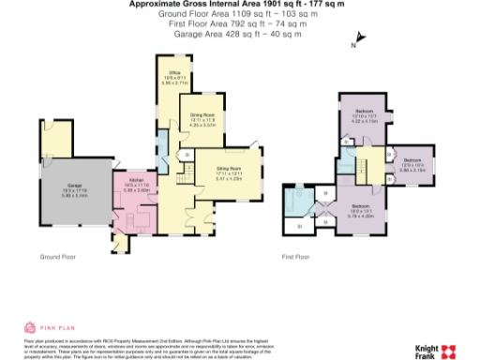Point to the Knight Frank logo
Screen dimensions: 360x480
pyautogui.click(x=432, y=350)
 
